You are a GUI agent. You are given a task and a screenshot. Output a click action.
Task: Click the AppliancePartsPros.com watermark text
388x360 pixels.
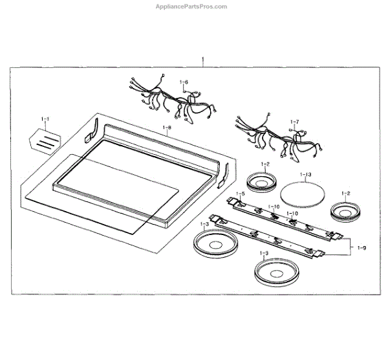tap(191, 6)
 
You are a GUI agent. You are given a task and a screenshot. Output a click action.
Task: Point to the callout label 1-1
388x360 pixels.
tap(45, 120)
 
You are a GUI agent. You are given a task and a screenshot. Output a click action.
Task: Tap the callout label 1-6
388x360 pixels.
tap(184, 82)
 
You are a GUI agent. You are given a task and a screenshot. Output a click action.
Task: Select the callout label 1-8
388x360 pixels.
tap(166, 128)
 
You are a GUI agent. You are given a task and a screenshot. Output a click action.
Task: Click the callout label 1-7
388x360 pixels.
tap(295, 122)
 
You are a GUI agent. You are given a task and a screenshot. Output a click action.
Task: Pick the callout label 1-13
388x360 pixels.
tap(306, 175)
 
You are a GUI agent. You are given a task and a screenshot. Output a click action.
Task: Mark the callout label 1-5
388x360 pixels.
tap(241, 194)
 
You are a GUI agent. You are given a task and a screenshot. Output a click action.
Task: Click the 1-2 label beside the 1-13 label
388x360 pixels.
tap(264, 166)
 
